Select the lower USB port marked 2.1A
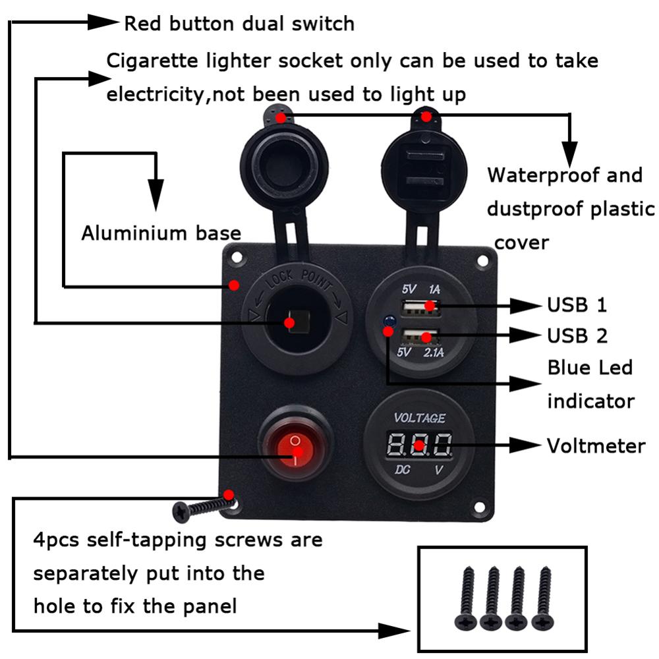(420, 337)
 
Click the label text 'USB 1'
(577, 305)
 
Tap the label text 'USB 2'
(577, 336)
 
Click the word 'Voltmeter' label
(596, 446)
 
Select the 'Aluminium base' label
(161, 233)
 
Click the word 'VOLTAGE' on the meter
(419, 418)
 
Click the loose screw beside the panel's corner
(201, 507)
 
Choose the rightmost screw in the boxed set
(542, 598)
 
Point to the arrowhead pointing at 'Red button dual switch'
(104, 23)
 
